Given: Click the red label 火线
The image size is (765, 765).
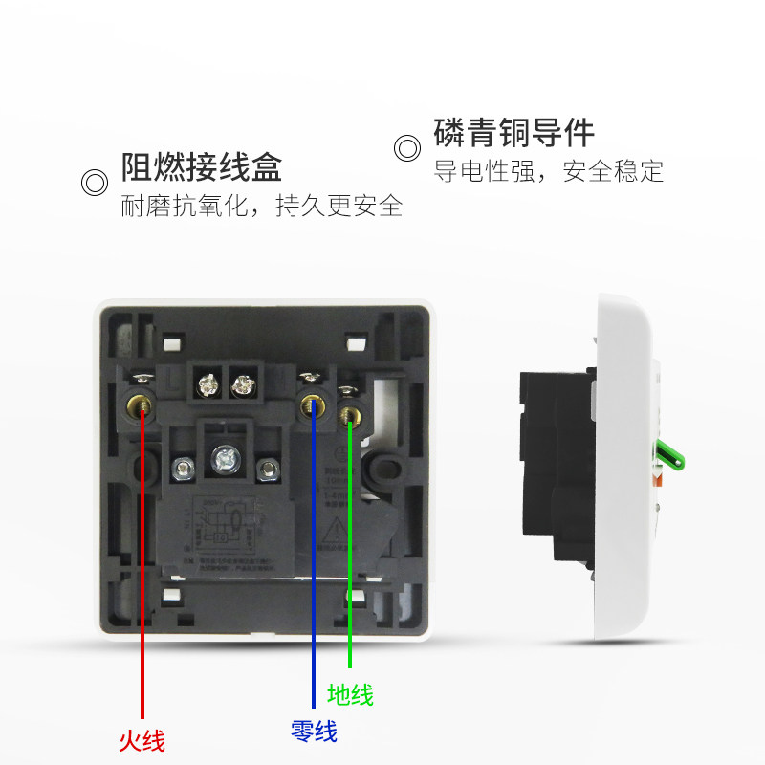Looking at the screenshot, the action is pos(142,739).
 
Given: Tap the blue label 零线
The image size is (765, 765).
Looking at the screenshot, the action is pos(314,732).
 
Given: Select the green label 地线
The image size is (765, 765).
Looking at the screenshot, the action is pos(350,694).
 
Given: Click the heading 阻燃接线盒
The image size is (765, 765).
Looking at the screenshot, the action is pos(201,167).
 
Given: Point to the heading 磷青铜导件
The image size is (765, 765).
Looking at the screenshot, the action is pos(514,133).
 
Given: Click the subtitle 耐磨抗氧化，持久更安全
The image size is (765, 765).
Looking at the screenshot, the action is pos(261,206).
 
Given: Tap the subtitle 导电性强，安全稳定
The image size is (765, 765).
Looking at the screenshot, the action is pos(548,172).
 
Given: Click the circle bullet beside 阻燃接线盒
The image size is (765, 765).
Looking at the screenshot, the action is pos(94,182).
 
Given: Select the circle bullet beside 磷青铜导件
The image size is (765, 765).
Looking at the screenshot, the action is pos(407,148).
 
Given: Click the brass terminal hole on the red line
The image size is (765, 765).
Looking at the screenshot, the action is pos(142,408).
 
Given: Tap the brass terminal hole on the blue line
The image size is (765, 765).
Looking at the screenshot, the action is pos(313,406).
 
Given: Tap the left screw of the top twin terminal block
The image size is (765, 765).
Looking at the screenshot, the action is pos(206,385).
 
